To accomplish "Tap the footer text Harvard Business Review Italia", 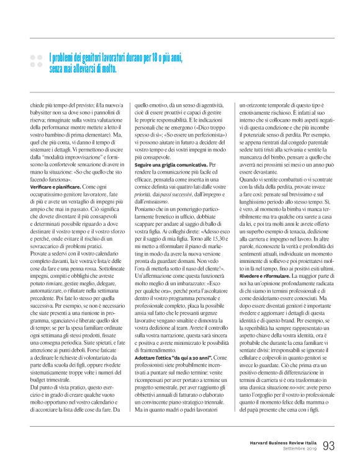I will (x=277, y=442).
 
